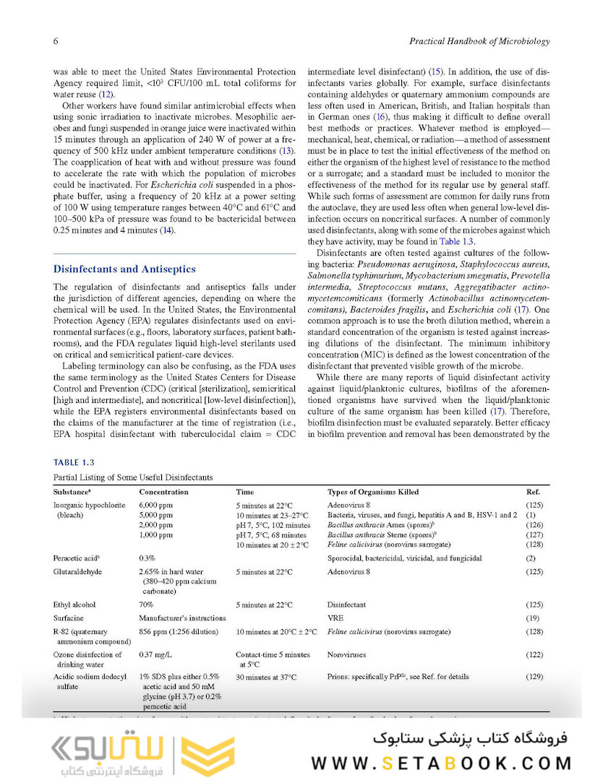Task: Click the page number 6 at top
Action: (x=56, y=41)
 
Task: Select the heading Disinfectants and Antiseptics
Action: (x=124, y=269)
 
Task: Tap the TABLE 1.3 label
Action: (x=74, y=462)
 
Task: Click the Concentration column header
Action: (x=163, y=492)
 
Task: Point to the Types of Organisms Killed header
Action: (x=372, y=492)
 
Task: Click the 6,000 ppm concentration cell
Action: (x=155, y=506)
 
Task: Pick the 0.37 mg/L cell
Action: (x=155, y=654)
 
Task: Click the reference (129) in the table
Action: (x=534, y=677)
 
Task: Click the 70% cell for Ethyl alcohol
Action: (x=145, y=604)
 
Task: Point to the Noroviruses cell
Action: (x=346, y=654)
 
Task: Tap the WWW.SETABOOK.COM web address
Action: (x=442, y=763)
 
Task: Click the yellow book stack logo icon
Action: (x=208, y=755)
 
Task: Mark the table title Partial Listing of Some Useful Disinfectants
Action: (x=133, y=477)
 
